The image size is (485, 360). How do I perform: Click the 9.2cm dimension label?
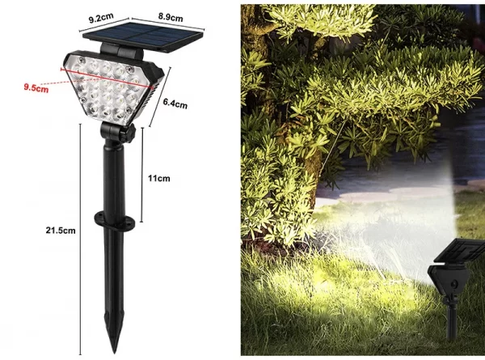click(x=101, y=18)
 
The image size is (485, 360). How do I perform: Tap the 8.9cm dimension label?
click(x=171, y=17)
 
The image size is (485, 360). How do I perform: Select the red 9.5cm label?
click(x=36, y=87)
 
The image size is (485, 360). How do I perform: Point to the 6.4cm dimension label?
click(x=175, y=103)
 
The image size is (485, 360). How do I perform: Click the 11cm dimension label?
click(x=158, y=178)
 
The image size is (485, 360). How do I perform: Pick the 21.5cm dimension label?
click(x=61, y=231)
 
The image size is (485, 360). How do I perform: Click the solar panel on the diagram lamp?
click(x=143, y=36)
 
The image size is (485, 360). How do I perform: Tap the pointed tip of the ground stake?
click(x=114, y=352)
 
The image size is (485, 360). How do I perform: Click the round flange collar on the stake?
click(x=115, y=220)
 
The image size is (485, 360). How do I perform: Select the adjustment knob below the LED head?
click(x=130, y=133)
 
